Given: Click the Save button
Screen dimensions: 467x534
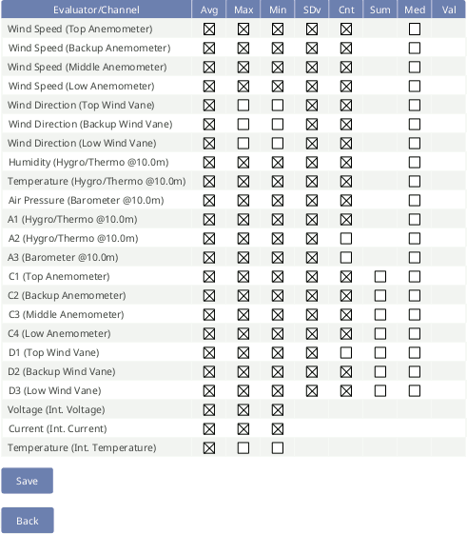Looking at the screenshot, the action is coord(27,481).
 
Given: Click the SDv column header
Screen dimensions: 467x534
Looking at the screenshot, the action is coord(312,10).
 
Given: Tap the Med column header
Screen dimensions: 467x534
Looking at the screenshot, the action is coord(415,10).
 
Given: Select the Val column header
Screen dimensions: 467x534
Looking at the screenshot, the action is coord(449,10).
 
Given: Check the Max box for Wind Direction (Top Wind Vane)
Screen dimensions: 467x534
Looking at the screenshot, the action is coord(243,105).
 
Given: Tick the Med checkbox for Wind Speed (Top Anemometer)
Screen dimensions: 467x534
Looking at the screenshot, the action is coord(415,29).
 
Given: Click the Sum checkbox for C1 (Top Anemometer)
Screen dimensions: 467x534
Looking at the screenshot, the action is coord(380,276).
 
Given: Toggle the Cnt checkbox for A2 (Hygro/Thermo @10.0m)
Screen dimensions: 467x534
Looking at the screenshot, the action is coord(346,238).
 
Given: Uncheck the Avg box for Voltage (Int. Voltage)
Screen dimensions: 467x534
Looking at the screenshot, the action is coord(209,409).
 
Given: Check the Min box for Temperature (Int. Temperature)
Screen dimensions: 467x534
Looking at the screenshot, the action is coord(278,447).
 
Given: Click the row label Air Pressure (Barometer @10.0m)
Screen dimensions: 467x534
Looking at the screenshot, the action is coord(87,200).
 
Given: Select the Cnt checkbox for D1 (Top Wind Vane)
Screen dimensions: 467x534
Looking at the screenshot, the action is coord(346,352).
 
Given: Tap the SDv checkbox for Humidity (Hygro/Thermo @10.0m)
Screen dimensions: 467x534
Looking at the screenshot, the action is coord(312,162).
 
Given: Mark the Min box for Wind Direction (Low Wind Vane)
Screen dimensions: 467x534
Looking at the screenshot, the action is coord(278,143).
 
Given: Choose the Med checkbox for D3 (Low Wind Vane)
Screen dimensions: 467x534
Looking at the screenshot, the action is coord(415,390).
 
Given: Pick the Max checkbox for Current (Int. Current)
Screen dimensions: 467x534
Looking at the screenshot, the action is coord(243,428).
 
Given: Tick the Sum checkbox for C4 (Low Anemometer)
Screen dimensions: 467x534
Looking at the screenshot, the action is coord(380,333).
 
